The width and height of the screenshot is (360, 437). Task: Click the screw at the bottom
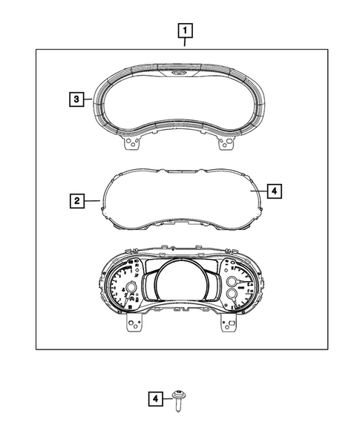coord(178,401)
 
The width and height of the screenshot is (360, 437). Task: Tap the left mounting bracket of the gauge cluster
coord(133,324)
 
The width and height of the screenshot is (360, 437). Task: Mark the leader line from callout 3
coord(87,98)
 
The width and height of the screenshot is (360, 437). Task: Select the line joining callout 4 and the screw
coord(166,400)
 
